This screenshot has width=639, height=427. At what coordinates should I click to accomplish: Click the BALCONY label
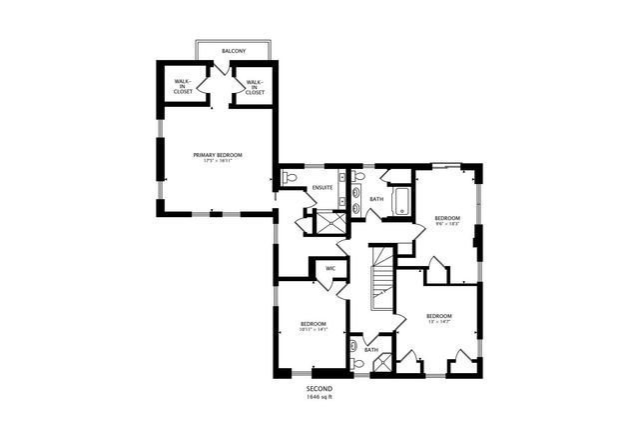pyautogui.click(x=234, y=50)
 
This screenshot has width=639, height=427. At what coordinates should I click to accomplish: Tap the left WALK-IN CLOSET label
pyautogui.click(x=183, y=84)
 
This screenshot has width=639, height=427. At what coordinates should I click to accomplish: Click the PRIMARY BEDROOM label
pyautogui.click(x=218, y=155)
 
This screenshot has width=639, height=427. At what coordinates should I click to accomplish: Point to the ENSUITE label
pyautogui.click(x=321, y=187)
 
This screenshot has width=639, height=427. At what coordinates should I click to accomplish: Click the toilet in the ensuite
pyautogui.click(x=291, y=178)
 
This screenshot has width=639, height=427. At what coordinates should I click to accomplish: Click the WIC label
pyautogui.click(x=329, y=268)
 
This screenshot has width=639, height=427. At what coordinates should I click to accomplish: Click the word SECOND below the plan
pyautogui.click(x=319, y=388)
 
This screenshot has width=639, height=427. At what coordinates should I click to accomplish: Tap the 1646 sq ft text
pyautogui.click(x=319, y=397)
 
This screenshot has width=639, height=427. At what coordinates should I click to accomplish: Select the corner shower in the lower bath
pyautogui.click(x=380, y=365)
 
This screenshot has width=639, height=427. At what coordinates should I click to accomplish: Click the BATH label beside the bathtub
pyautogui.click(x=376, y=199)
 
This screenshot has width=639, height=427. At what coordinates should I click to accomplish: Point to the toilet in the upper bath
pyautogui.click(x=359, y=177)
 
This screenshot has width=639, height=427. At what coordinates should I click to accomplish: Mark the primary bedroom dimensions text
pyautogui.click(x=218, y=162)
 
